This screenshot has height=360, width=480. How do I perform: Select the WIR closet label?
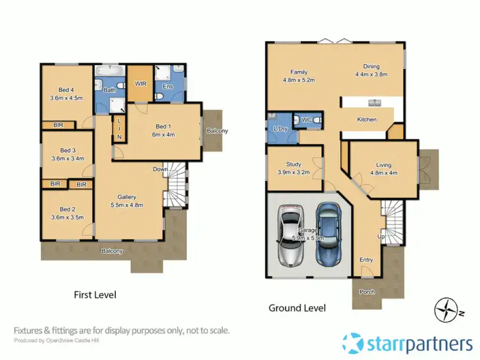[x=141, y=84]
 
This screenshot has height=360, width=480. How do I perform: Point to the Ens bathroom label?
[x=168, y=86]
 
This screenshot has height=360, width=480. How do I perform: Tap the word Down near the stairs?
[x=160, y=169]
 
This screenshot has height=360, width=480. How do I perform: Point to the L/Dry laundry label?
[x=280, y=130]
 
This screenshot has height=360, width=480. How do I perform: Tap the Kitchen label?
[x=367, y=120]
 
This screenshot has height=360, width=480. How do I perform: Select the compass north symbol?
[x=445, y=310]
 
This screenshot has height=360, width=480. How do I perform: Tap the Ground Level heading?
[x=297, y=308]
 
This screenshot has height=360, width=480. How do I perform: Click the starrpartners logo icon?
[x=355, y=344]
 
